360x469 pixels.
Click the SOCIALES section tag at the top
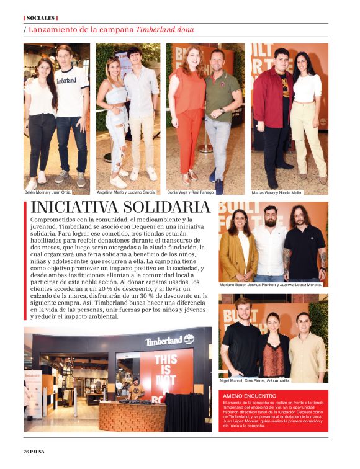coord(40,17)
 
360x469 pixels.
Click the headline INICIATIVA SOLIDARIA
coord(120,207)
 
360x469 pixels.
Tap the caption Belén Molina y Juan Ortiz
coord(48,192)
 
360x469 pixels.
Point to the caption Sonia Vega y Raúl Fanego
coord(191,192)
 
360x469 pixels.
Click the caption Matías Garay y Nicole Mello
coord(277,192)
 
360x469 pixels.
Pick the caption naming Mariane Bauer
coord(271,285)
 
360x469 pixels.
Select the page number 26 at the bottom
coord(26,451)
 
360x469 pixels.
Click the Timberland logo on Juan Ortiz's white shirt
coord(66,80)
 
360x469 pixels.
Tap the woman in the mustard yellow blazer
coord(237,248)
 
